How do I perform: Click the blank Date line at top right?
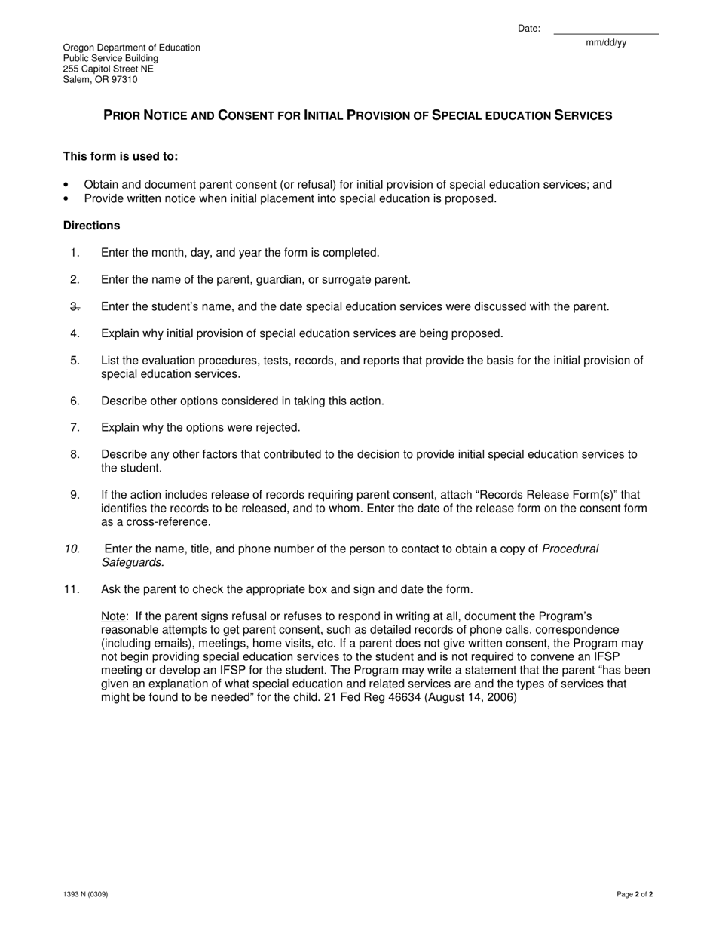point(606,32)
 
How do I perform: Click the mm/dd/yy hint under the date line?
point(606,43)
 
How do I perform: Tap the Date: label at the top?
point(529,29)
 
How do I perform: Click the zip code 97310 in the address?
point(124,79)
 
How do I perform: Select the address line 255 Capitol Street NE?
point(108,69)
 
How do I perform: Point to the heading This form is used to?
point(121,156)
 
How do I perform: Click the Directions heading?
point(91,226)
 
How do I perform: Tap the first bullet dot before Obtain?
point(66,185)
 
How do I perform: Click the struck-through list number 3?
point(75,306)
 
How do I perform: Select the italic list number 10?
point(72,549)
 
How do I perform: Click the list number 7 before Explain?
point(75,427)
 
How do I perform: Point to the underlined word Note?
point(114,616)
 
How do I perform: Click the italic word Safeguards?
point(132,562)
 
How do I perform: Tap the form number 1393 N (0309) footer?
point(85,894)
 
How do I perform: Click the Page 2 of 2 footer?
point(635,894)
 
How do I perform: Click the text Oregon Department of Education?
point(132,48)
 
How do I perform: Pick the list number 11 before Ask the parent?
point(72,589)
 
